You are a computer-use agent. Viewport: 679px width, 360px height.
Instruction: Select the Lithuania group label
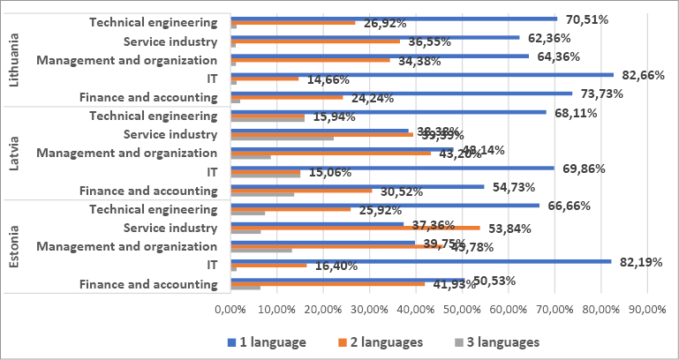click(x=12, y=59)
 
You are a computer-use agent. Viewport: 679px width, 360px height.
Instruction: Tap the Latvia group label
click(x=12, y=154)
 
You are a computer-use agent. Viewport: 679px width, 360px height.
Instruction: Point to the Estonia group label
click(x=12, y=246)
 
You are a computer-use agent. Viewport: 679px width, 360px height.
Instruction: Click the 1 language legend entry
click(x=268, y=341)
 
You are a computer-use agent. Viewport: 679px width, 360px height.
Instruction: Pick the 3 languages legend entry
click(x=495, y=341)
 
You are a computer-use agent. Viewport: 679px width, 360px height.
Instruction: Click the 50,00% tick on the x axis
click(x=462, y=309)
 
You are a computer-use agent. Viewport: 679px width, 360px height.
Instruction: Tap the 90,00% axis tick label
click(x=647, y=309)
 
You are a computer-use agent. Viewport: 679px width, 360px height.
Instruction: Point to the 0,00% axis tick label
click(x=230, y=309)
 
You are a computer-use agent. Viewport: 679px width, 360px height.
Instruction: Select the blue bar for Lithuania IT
click(x=422, y=74)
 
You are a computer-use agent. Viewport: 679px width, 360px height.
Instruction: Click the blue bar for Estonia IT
click(x=420, y=260)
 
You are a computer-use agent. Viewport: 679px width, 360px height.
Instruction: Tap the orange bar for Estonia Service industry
click(x=355, y=228)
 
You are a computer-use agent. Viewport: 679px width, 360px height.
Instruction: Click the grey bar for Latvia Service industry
click(x=282, y=138)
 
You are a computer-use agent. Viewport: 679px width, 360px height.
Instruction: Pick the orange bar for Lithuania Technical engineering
click(x=292, y=23)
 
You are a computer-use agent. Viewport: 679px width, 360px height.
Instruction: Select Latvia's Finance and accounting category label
click(x=147, y=191)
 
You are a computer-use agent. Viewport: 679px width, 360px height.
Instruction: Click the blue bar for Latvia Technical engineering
click(x=389, y=111)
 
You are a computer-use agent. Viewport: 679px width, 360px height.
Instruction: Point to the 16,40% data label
click(x=337, y=266)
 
